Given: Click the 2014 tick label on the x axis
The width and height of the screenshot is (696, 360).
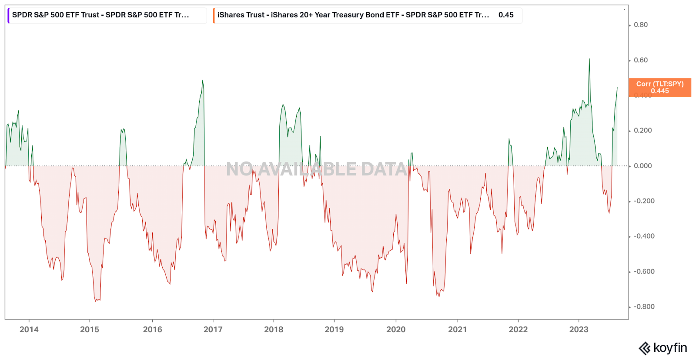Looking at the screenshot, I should tap(29, 330).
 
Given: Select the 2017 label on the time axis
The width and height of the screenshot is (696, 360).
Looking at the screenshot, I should tap(213, 330).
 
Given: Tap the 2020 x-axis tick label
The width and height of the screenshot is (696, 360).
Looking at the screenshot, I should tap(396, 330).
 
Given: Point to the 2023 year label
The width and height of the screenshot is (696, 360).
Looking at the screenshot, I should tap(579, 330).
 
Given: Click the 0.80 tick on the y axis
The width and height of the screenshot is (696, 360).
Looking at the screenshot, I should tap(640, 25).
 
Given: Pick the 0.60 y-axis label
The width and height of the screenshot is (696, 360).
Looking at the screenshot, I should tap(640, 60).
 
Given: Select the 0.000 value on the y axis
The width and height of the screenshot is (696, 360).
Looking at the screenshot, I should tap(642, 166).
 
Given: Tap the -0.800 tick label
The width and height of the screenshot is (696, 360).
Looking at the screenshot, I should tap(644, 307).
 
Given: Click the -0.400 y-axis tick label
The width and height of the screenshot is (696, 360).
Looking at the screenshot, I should tap(644, 236).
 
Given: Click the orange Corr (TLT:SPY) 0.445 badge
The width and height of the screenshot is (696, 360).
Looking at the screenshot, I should tap(659, 87).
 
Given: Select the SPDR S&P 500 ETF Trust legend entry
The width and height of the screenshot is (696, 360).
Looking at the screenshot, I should tap(100, 15).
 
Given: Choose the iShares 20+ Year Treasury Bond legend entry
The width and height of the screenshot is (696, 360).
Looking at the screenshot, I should tap(353, 15).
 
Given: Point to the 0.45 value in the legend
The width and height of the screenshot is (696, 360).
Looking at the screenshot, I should tap(506, 15).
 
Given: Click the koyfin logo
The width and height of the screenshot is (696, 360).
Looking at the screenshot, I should tap(663, 348).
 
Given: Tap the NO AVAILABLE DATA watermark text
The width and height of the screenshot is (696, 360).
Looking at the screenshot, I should tap(317, 169).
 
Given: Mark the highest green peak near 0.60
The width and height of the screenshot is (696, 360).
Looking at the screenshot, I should tap(589, 59).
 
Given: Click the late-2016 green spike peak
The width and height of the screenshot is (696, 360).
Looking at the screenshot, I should tap(202, 81).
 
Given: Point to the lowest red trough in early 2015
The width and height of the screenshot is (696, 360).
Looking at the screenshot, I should tap(96, 301).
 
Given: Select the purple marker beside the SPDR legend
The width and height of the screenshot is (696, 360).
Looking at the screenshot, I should tap(8, 16).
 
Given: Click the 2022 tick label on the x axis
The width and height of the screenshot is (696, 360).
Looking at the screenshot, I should tap(518, 330).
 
